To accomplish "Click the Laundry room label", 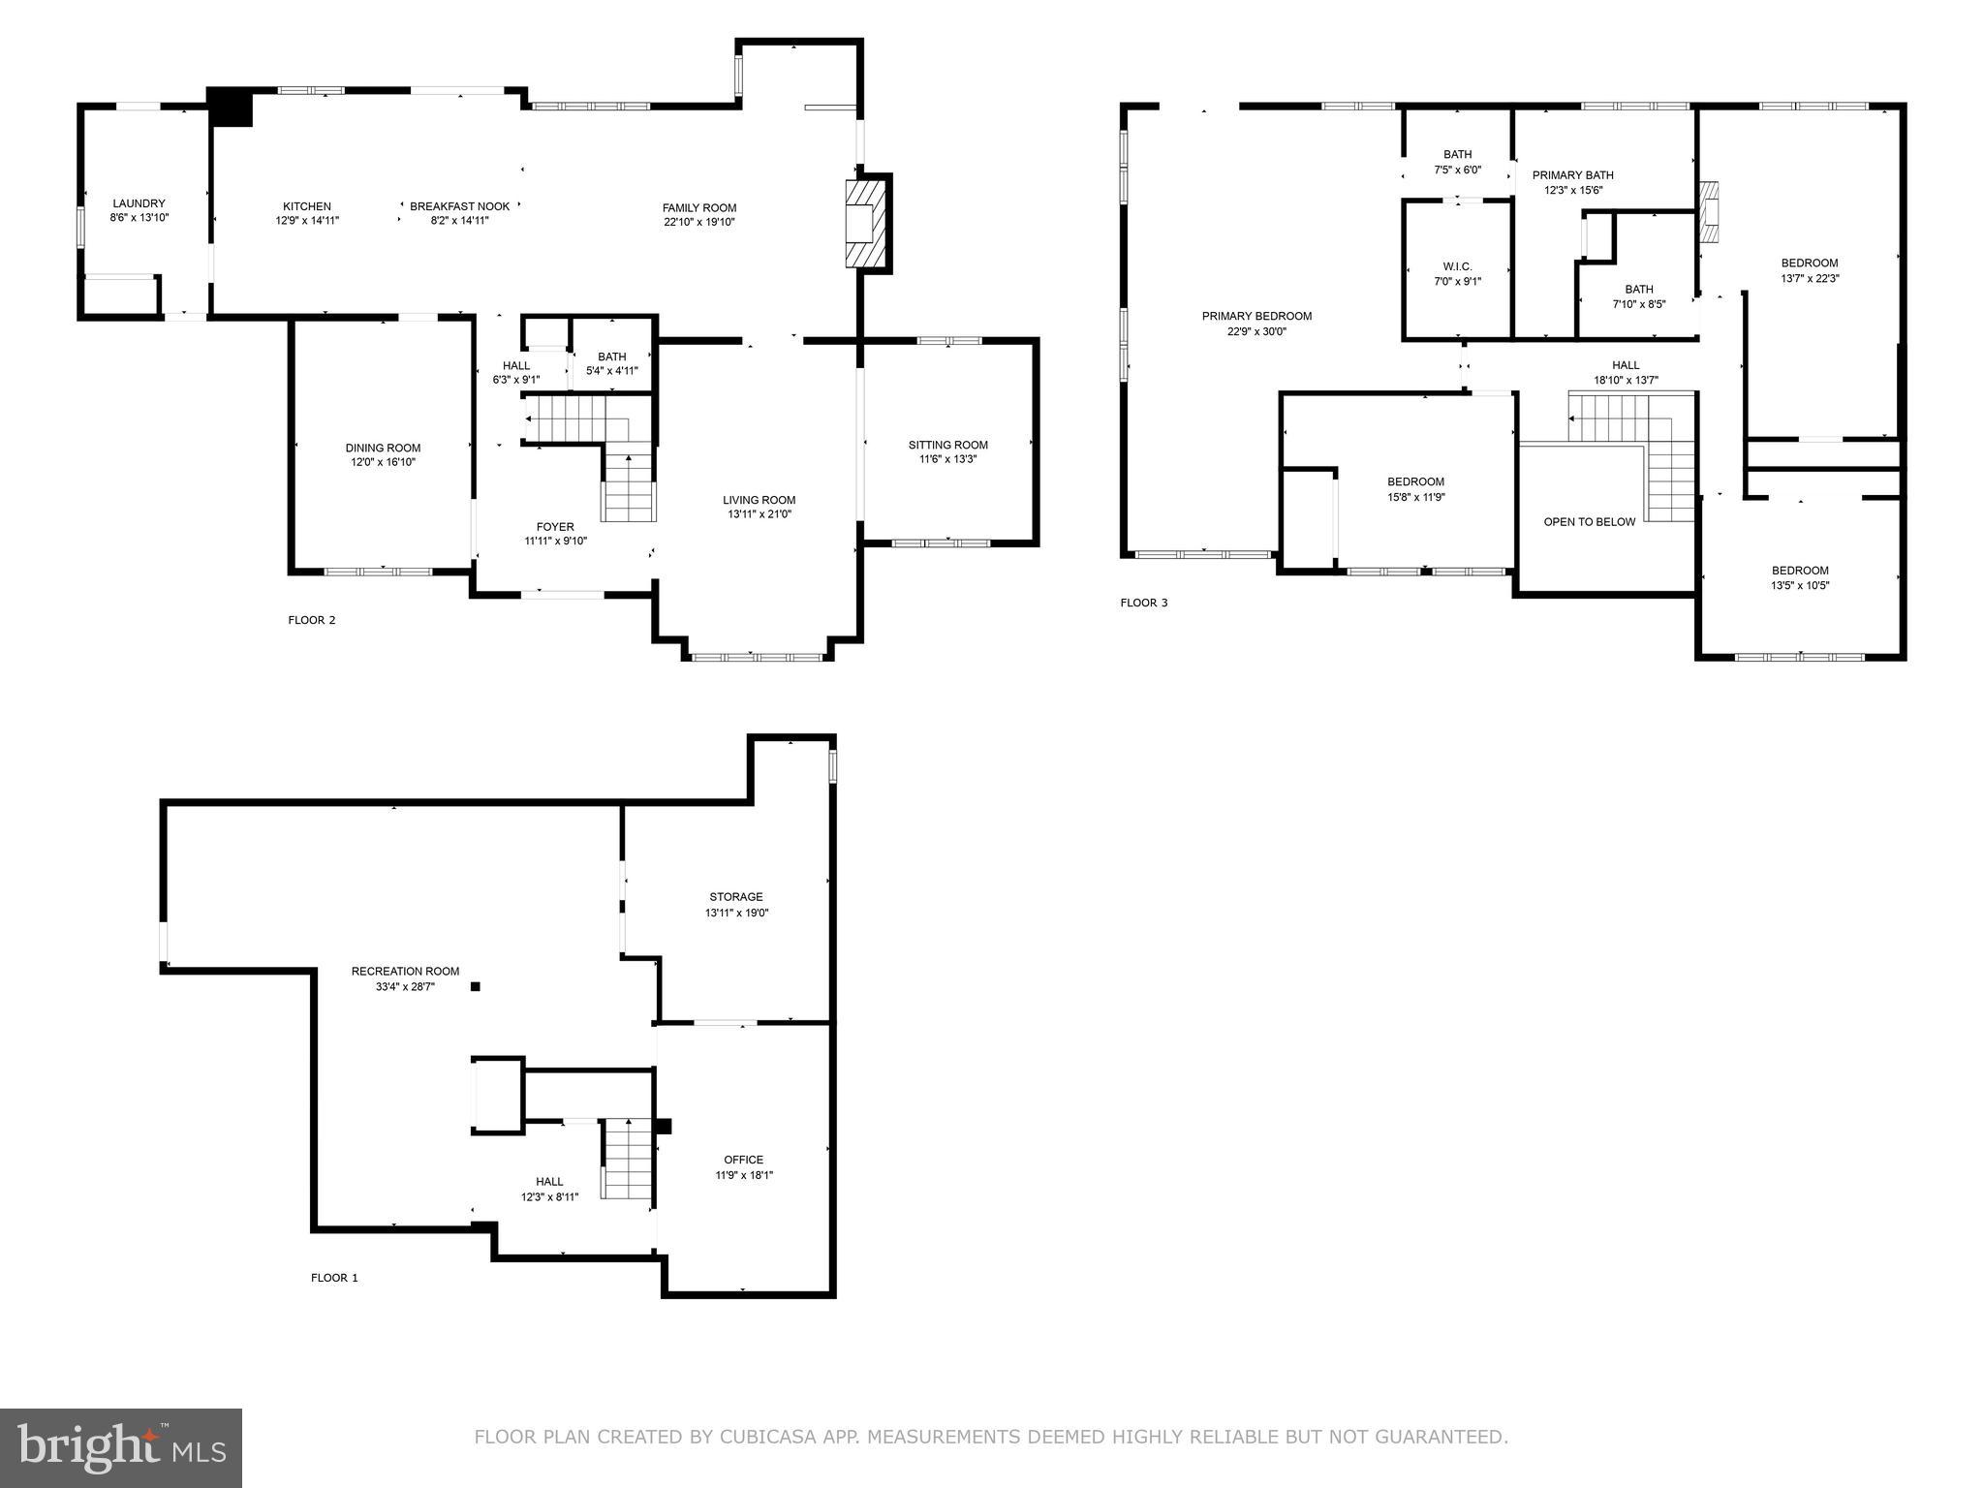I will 139,203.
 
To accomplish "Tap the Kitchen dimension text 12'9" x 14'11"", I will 307,221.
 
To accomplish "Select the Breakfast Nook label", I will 459,206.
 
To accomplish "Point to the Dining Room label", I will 383,448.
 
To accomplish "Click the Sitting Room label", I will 947,445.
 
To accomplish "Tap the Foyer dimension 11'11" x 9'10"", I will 555,542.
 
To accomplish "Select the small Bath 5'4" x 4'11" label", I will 611,356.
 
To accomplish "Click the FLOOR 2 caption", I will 311,620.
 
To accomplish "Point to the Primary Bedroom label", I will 1256,316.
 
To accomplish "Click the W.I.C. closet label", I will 1457,266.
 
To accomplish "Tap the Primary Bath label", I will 1572,175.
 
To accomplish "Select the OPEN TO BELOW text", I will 1589,522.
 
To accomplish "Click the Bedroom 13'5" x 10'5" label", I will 1800,571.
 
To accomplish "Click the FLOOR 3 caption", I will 1144,603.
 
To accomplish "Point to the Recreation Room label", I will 405,971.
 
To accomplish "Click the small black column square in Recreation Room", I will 475,987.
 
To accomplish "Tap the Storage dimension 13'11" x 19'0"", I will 736,913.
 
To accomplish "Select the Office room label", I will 743,1160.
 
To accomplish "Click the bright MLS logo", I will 121,1447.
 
